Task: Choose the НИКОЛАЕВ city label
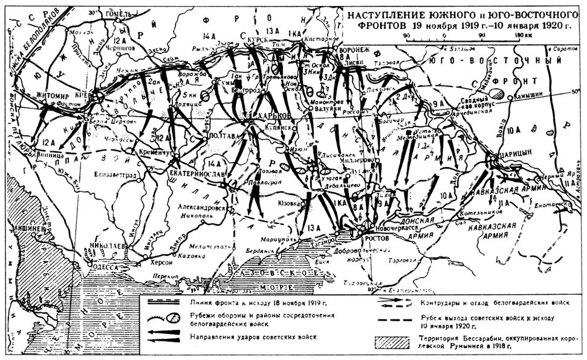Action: coord(107,247)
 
